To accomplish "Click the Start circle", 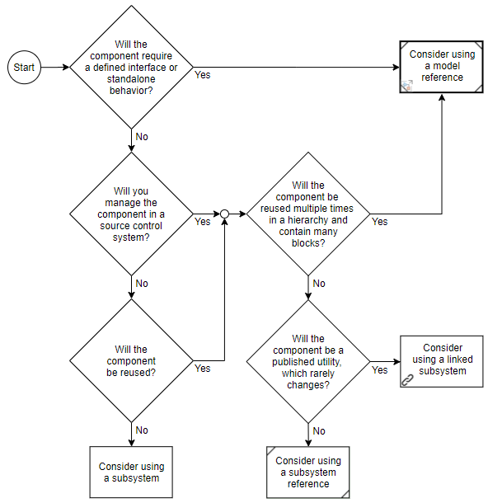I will (24, 68).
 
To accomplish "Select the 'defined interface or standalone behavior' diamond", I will (131, 68).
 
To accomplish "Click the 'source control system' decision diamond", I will (131, 214).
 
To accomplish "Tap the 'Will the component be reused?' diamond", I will (131, 360).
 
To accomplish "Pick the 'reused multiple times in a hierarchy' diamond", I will (308, 214).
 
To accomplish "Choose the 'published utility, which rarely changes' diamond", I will (308, 361).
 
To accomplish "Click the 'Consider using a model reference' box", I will (442, 66).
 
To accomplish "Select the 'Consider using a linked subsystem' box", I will (442, 360).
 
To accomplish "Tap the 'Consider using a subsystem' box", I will (131, 472).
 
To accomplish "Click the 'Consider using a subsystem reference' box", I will (308, 472).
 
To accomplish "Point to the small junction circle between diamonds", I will (224, 214).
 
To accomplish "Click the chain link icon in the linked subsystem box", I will (406, 379).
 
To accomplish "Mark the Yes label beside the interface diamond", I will (202, 75).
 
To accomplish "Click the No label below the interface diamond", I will (142, 137).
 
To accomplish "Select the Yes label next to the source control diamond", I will (202, 222).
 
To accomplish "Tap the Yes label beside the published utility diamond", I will (379, 370).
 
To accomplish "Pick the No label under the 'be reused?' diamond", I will (142, 430).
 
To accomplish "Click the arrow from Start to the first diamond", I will (53, 68).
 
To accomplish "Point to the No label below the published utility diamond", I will (319, 431).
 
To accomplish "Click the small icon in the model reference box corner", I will (406, 85).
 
